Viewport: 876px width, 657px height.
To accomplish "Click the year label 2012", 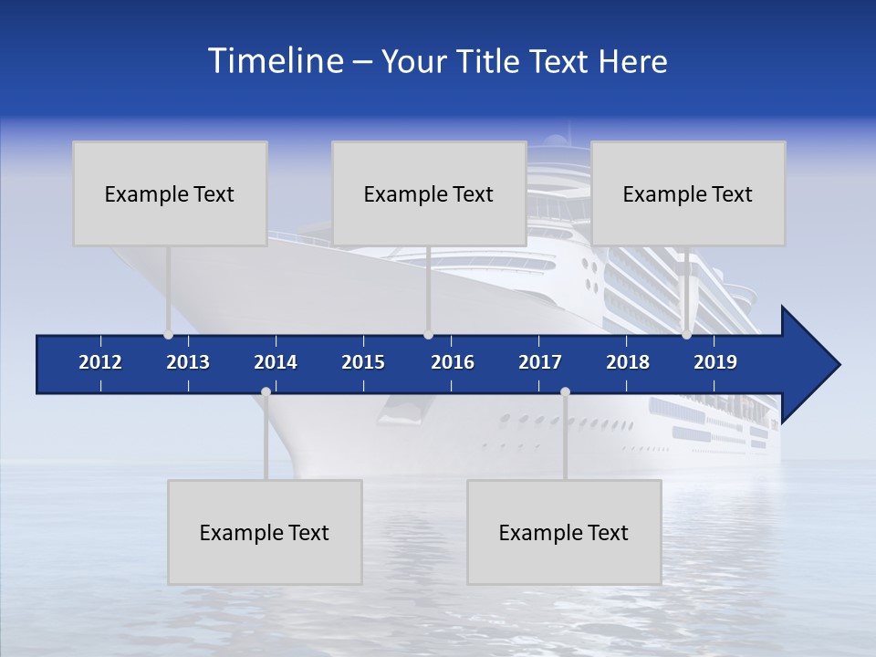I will [x=100, y=362].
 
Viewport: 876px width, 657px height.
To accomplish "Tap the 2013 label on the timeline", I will [x=188, y=362].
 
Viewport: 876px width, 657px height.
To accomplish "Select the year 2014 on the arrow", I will [x=276, y=362].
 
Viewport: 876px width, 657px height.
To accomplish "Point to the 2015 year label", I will [x=363, y=362].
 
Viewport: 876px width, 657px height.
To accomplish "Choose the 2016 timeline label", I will [x=453, y=362].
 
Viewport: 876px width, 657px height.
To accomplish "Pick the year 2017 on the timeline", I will [x=540, y=362].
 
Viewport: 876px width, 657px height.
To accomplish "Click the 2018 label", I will [x=628, y=362].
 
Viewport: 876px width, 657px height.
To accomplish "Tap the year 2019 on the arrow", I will [x=715, y=362].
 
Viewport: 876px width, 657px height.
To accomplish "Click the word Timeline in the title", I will [x=274, y=61].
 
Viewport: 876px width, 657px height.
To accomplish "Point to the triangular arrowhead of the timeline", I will [x=809, y=364].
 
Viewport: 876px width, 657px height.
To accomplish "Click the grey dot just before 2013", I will [x=168, y=335].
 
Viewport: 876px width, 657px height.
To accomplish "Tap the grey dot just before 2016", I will [x=428, y=335].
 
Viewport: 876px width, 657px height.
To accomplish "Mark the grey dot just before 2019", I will [x=686, y=335].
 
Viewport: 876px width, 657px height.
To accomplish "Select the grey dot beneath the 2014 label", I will [x=266, y=392].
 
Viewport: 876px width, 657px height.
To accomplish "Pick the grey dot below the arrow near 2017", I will [x=565, y=392].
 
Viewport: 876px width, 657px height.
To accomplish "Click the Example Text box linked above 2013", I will [x=170, y=193].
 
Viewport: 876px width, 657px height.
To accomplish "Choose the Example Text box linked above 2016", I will [x=429, y=193].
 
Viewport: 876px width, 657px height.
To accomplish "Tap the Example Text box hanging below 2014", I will [x=265, y=532].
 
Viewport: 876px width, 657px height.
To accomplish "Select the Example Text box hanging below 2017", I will [x=564, y=532].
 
